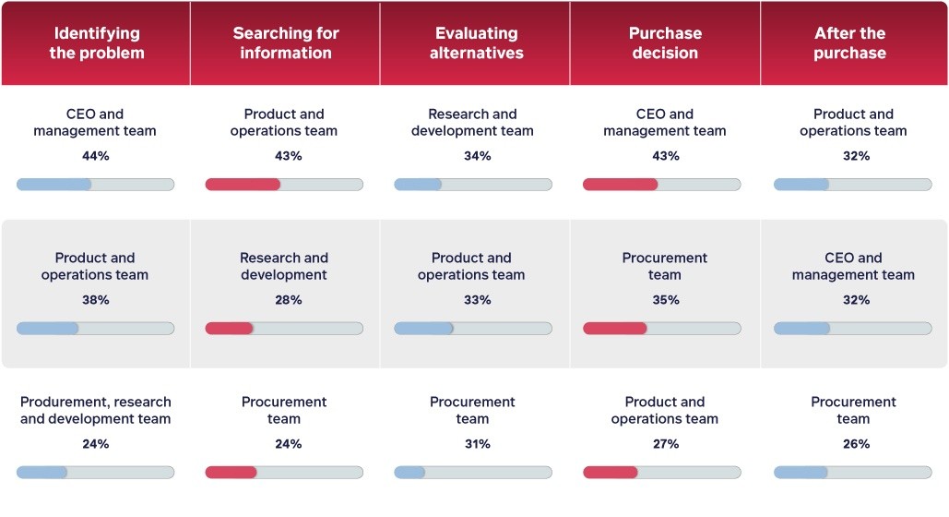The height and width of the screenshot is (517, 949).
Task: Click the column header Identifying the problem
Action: [96, 43]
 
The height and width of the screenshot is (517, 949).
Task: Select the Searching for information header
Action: [285, 43]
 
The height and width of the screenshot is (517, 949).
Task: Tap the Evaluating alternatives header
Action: [477, 43]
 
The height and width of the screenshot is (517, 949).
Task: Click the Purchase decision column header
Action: [665, 43]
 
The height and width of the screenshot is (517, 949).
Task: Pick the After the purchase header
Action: [849, 43]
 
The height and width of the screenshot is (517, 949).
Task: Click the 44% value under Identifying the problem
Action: [95, 156]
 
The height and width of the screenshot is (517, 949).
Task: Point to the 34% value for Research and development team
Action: [477, 156]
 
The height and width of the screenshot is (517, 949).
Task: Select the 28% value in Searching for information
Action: [288, 300]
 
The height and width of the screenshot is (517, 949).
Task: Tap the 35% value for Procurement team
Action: [665, 300]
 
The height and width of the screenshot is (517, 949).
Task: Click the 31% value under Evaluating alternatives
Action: [477, 444]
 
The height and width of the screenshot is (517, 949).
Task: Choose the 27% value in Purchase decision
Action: [665, 444]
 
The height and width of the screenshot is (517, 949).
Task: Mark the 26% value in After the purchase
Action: [856, 444]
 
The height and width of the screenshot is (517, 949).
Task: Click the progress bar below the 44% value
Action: [95, 185]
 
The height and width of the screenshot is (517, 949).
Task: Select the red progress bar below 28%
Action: [284, 329]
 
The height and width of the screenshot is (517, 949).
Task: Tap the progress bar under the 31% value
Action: [473, 473]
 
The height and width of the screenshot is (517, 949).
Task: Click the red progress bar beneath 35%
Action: [661, 329]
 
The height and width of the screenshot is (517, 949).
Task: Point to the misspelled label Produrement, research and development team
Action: [95, 411]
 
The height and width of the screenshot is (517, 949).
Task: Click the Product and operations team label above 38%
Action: [95, 267]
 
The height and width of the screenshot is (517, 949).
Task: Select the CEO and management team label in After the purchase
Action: [853, 267]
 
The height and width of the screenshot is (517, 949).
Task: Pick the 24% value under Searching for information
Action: [288, 444]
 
